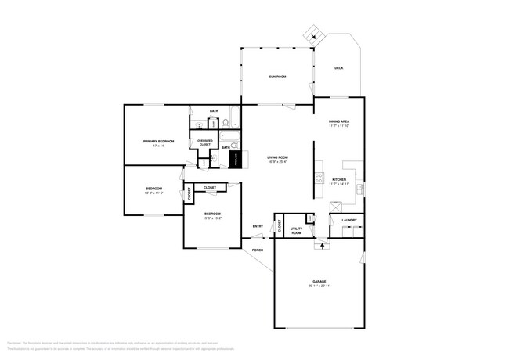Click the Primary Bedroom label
point(158,142)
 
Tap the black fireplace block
point(233,159)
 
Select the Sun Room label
point(277,77)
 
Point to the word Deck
point(338,68)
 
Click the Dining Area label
point(338,121)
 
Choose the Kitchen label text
point(339,179)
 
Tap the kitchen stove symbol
point(319,178)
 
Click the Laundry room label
point(349,220)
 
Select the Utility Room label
point(297,230)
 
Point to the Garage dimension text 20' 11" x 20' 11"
point(319,286)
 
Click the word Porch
point(258,250)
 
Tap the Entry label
point(258,227)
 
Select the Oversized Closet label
point(204,142)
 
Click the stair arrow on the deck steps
point(313,34)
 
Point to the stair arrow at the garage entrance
point(319,245)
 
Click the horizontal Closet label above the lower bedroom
point(211,188)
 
